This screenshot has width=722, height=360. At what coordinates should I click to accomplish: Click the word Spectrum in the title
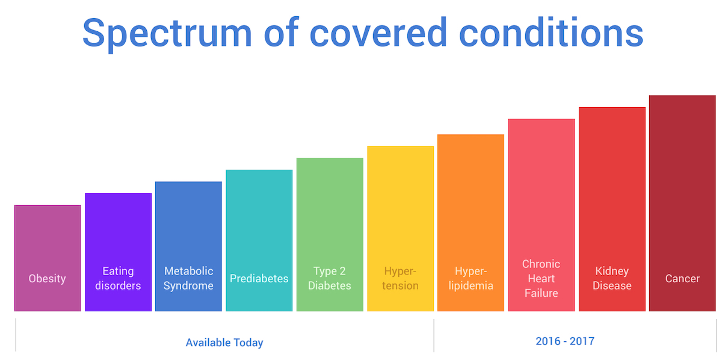click(x=167, y=34)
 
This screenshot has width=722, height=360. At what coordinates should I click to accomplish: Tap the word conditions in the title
click(x=551, y=32)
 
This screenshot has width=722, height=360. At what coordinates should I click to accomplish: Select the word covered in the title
click(x=378, y=32)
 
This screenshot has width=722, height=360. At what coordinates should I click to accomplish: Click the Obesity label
click(x=47, y=278)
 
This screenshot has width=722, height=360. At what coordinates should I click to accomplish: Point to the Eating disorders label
click(x=118, y=278)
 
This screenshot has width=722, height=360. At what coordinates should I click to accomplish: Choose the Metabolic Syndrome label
click(x=188, y=278)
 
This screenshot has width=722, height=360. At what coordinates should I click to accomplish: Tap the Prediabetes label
click(x=259, y=278)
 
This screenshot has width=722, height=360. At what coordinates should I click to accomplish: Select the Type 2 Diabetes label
click(x=330, y=278)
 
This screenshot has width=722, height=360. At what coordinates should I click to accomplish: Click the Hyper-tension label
click(x=400, y=278)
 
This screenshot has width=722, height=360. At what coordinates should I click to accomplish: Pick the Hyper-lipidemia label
click(x=471, y=278)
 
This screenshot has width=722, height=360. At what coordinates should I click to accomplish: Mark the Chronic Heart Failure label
click(x=541, y=278)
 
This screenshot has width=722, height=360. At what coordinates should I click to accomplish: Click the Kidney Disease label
click(x=612, y=278)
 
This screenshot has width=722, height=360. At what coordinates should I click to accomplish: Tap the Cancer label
click(x=682, y=278)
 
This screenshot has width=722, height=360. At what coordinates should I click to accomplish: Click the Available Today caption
click(x=224, y=343)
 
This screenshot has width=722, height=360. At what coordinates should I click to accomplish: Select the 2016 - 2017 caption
click(x=565, y=341)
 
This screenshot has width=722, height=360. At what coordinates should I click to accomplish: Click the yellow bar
click(x=400, y=229)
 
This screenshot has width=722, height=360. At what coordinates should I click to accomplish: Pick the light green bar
click(x=330, y=235)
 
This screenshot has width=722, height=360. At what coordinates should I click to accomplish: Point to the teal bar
click(x=259, y=241)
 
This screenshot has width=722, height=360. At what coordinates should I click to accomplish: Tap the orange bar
click(x=471, y=223)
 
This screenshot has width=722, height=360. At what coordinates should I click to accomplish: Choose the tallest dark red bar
click(x=682, y=203)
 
